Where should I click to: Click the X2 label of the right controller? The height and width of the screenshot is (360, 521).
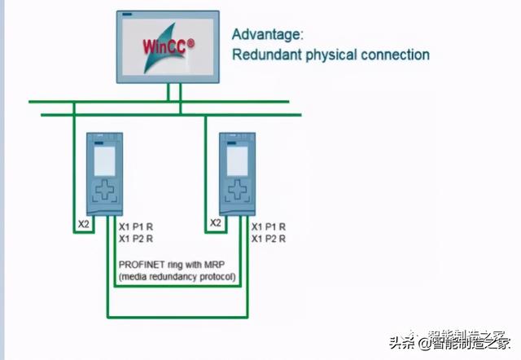[216, 222]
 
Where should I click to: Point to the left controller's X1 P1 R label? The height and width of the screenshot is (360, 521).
[135, 226]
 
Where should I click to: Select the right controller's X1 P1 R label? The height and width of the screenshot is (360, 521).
[269, 226]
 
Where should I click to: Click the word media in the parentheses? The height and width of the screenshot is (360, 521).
[135, 277]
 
